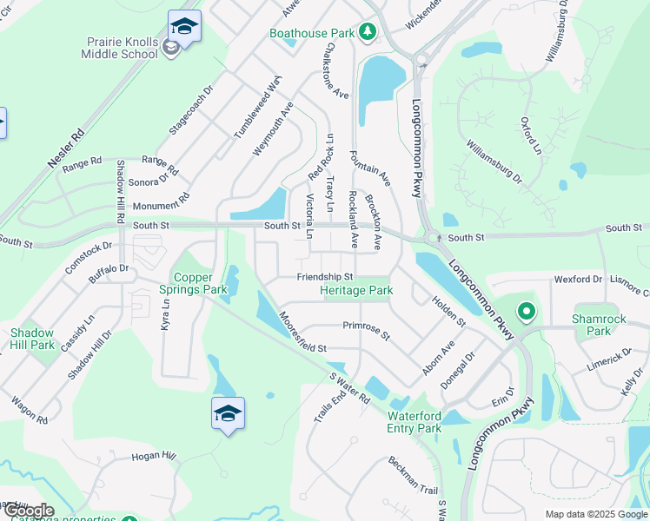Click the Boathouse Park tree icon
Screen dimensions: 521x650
pos(368,33)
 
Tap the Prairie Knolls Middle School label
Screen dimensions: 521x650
pos(122,48)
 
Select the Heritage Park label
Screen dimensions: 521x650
pos(356,290)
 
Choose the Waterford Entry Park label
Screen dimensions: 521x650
pos(414,422)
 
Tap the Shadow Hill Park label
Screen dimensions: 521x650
pos(32,339)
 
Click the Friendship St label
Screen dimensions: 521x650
pos(324,277)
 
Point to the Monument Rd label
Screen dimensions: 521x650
pos(160,206)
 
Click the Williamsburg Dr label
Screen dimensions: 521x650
pos(494,162)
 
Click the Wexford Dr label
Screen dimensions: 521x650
pos(578,280)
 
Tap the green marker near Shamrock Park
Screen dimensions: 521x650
pos(525,310)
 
